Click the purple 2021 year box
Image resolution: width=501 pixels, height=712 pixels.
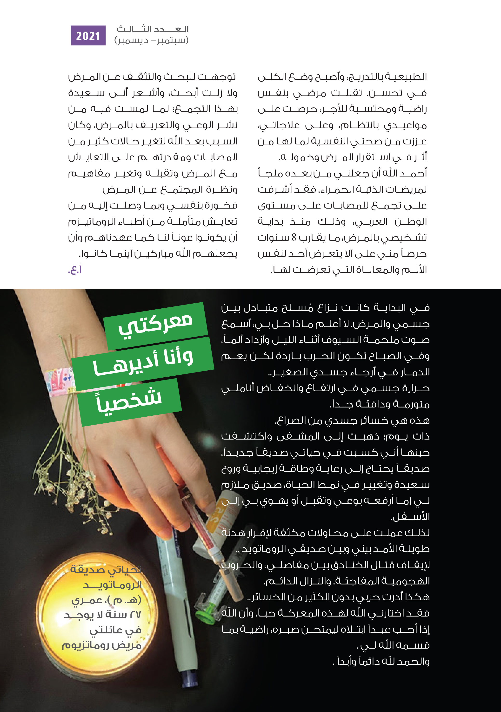click(x=88, y=36)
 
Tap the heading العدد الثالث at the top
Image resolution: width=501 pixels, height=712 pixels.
click(x=152, y=29)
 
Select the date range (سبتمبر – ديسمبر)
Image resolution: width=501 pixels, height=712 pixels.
click(x=151, y=40)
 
